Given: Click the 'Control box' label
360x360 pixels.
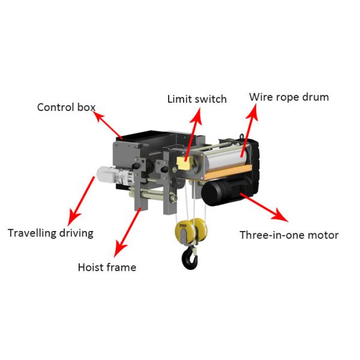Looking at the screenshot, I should coord(66,107).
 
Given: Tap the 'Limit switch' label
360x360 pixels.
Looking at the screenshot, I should coord(197,98).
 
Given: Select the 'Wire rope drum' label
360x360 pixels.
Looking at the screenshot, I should coord(289,97).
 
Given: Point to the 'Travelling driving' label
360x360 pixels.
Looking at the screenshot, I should coord(50,233).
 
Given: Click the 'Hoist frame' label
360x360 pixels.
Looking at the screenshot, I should coord(107,267).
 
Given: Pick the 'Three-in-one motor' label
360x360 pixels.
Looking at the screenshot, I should coord(289,235).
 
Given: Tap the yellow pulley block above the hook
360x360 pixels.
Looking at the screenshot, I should coord(188,230).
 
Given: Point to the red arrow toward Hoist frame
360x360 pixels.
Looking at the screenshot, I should coord(131,227).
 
